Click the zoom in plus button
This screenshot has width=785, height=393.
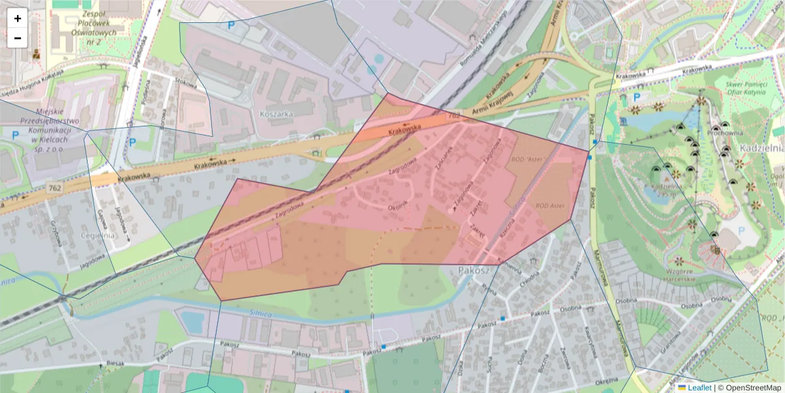tap(18, 18)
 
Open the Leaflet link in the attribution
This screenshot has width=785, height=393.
tap(699, 388)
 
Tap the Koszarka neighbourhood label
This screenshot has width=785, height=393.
tap(277, 113)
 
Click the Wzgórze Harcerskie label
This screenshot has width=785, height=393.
tap(680, 275)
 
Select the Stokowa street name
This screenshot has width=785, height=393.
tap(185, 83)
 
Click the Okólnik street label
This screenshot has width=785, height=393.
tap(397, 203)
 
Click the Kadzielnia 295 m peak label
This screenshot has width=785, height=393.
tap(661, 190)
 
